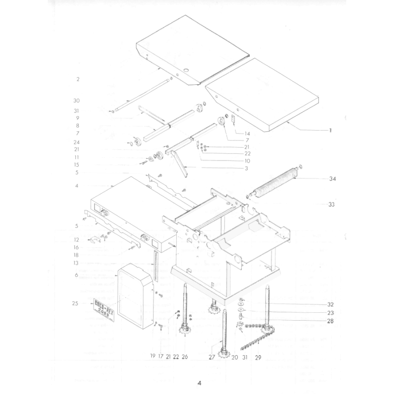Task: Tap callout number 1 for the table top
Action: click(330, 131)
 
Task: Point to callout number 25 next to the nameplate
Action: click(75, 303)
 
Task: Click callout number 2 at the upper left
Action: click(78, 79)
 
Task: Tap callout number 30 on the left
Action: click(76, 101)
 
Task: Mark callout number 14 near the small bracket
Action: click(247, 133)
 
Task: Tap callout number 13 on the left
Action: click(77, 263)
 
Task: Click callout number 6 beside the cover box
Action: click(77, 275)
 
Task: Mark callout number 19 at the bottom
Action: click(153, 355)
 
